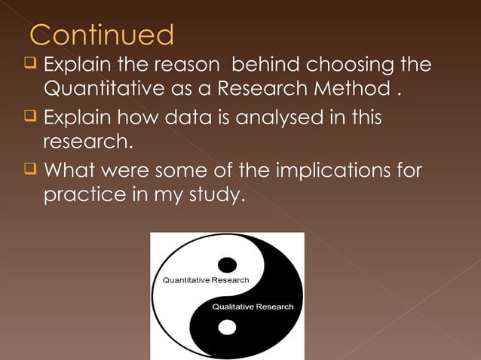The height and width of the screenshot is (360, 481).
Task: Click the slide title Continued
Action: click(x=102, y=35)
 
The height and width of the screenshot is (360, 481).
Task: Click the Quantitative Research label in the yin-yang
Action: click(x=202, y=280)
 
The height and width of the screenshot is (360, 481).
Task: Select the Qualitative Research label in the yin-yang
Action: click(x=253, y=307)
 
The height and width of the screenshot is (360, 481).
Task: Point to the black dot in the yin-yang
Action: click(x=227, y=264)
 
